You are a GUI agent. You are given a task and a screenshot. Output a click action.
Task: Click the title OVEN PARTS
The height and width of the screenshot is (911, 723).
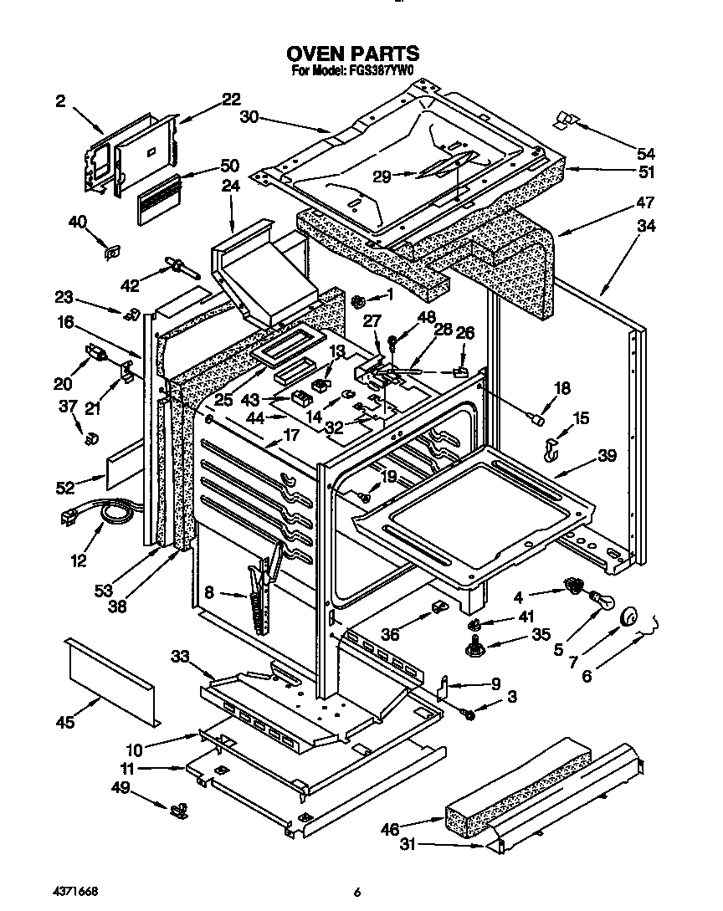pyautogui.click(x=355, y=55)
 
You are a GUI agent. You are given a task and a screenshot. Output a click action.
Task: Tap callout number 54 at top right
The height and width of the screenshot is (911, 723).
pyautogui.click(x=645, y=154)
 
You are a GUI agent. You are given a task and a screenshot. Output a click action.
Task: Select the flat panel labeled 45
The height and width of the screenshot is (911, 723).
pyautogui.click(x=111, y=678)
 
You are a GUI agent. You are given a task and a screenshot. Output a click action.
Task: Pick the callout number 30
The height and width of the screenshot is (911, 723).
pyautogui.click(x=249, y=118)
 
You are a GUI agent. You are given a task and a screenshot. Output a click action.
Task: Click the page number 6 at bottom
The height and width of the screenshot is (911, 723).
pyautogui.click(x=356, y=893)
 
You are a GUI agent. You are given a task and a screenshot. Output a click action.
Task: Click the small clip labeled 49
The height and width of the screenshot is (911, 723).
pyautogui.click(x=178, y=808)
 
